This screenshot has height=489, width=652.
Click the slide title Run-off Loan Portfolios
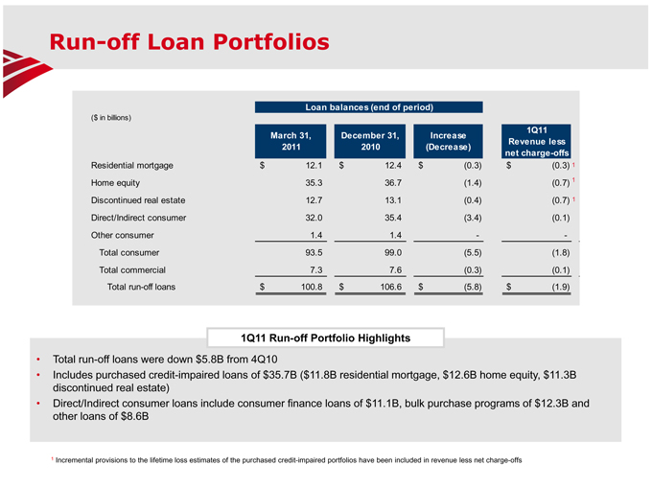189,42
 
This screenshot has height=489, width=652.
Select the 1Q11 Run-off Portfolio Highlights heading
324,338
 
